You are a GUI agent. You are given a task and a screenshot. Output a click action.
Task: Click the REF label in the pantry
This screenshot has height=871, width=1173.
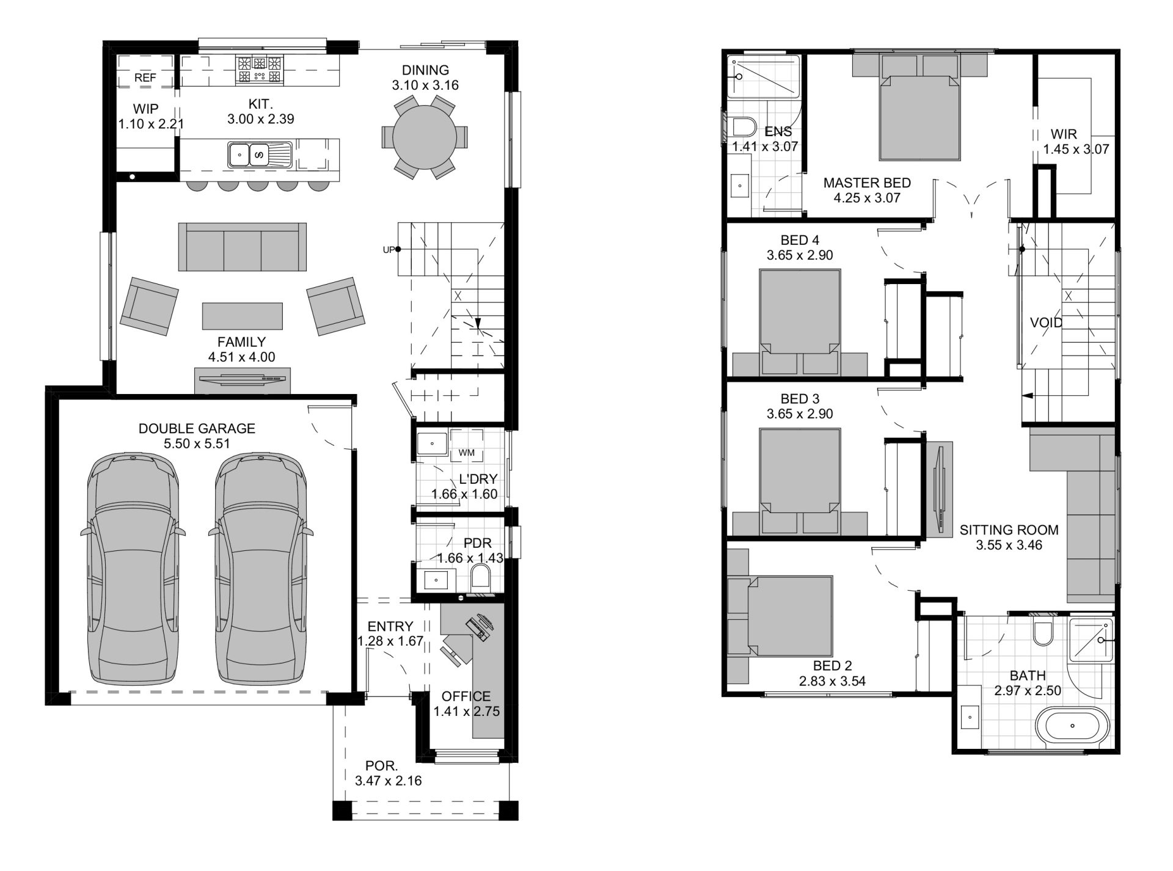[x=145, y=78]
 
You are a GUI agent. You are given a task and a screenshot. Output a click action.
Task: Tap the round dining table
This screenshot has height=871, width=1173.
[x=425, y=137]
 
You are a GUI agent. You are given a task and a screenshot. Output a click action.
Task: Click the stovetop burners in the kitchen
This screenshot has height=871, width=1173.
[x=260, y=68]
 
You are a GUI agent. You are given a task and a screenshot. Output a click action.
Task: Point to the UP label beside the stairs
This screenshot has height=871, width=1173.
[x=388, y=249]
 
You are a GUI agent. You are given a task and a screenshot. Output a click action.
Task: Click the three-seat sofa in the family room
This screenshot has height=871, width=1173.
[x=243, y=247]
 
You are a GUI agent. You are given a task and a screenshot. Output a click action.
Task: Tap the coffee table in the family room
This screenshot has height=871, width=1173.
[x=243, y=316]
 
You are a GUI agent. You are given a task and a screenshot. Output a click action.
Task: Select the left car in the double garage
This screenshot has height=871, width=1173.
[x=133, y=569]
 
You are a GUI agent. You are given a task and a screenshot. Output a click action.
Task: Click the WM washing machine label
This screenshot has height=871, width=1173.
[x=466, y=453]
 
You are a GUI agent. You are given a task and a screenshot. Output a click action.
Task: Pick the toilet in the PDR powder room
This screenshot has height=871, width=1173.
[x=482, y=578]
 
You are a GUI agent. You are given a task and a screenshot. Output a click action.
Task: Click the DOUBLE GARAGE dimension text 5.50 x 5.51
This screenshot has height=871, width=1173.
[x=197, y=443]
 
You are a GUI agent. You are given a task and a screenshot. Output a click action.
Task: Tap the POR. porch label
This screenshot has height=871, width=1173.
[x=382, y=765]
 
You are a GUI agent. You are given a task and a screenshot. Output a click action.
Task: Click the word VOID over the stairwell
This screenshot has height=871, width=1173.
[x=1046, y=323]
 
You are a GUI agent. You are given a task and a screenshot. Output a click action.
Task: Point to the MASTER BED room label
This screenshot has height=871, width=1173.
[x=867, y=183]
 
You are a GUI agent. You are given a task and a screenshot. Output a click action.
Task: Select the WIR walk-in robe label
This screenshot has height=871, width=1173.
[x=1064, y=134]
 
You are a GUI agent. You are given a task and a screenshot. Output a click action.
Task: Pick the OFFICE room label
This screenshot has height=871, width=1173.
[x=466, y=696]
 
